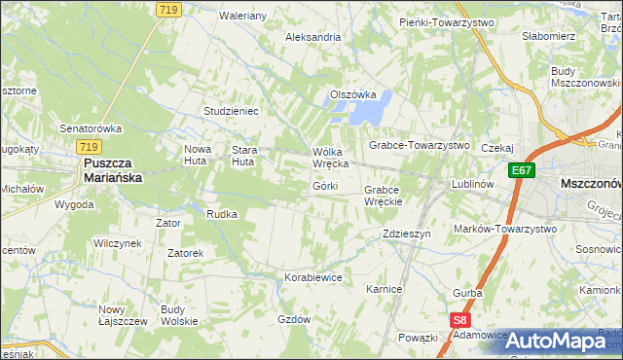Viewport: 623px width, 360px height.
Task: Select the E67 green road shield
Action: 522,170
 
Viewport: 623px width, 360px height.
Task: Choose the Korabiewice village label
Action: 313,277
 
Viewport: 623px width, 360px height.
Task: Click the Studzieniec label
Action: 231,111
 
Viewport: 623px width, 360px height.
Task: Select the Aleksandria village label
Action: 312,37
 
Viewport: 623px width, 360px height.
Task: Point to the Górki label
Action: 325,186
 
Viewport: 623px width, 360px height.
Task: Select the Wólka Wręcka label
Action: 330,158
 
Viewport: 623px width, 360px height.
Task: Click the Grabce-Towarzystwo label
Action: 419,145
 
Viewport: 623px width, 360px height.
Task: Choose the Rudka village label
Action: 222,214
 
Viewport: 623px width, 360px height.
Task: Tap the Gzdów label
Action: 293,319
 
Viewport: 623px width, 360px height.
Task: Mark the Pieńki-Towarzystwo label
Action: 447,21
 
